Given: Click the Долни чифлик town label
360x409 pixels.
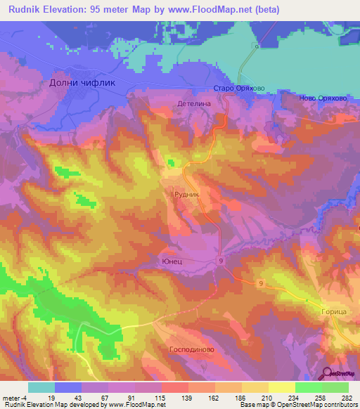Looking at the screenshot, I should [82, 82].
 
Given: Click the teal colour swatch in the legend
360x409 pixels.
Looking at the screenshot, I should [41, 387].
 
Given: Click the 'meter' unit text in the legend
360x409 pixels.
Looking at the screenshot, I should [10, 397].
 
